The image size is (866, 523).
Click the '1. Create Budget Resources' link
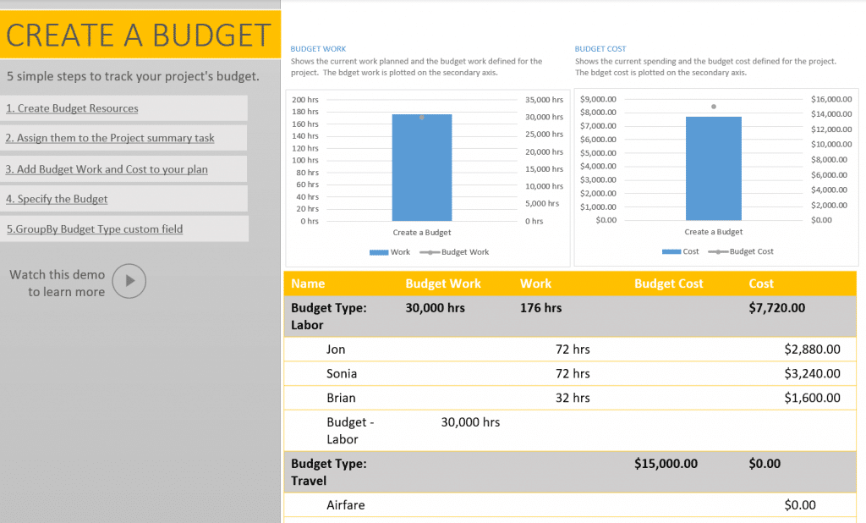[72, 108]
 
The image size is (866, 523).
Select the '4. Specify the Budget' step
[57, 199]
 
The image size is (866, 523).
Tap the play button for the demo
[129, 281]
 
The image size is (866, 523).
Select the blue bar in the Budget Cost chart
[713, 168]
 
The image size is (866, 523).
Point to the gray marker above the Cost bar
[713, 107]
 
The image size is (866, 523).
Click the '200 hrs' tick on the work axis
[305, 100]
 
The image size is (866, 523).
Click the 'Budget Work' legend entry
[464, 252]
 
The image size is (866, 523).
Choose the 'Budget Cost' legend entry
[751, 251]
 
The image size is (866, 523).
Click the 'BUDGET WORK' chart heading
[318, 49]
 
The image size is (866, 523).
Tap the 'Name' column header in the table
[308, 284]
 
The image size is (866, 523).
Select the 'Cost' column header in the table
[761, 284]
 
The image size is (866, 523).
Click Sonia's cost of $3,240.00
[812, 373]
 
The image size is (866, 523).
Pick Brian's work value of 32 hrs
[573, 398]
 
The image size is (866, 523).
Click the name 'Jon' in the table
[336, 349]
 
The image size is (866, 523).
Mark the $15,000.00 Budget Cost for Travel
[666, 464]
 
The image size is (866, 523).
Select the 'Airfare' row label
[346, 505]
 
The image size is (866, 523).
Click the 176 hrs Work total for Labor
[540, 308]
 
